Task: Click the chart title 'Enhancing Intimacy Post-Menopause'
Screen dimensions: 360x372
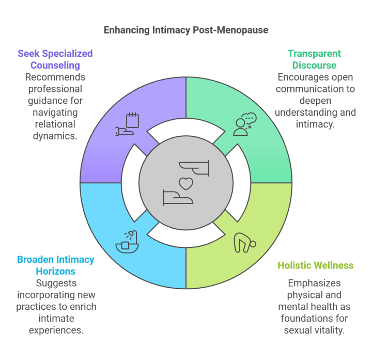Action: (186, 29)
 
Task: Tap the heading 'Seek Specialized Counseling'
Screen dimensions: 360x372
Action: (55, 59)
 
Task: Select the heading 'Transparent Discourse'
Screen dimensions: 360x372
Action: (314, 59)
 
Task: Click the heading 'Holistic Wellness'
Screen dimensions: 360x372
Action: (315, 265)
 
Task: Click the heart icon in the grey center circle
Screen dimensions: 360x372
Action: (186, 183)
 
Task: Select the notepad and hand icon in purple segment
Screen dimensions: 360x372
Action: (127, 124)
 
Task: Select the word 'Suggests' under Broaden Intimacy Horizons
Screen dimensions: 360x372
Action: (56, 283)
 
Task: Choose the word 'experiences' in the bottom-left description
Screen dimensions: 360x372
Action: (57, 330)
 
